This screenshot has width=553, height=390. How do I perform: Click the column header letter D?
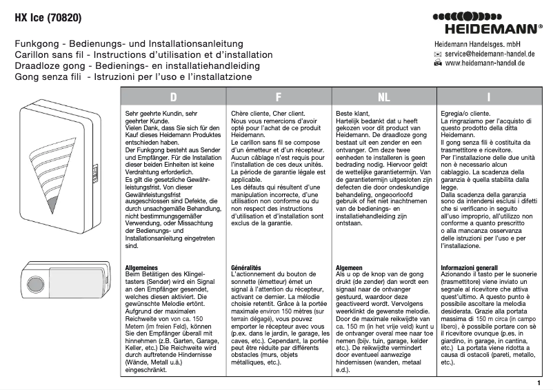point(173,96)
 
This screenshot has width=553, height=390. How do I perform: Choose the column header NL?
point(383,96)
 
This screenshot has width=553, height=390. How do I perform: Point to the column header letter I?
point(488,96)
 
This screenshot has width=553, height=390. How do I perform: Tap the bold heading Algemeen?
point(350,267)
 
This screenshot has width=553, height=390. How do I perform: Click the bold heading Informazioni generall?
point(469,267)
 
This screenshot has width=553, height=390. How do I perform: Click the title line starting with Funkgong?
point(138,43)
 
